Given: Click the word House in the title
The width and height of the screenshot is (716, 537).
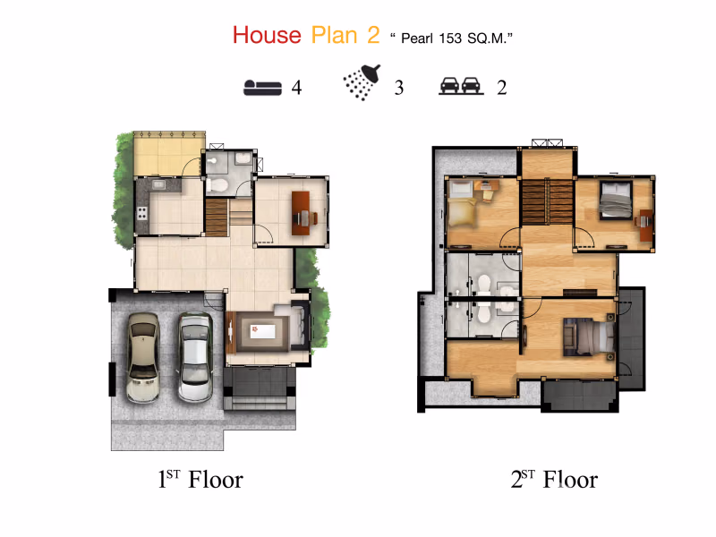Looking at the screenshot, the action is [267, 35].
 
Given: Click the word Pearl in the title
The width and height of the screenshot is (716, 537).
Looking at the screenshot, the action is [417, 38].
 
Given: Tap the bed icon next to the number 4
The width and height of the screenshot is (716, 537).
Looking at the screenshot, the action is [262, 87].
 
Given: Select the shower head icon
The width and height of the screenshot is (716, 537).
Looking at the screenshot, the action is [362, 82].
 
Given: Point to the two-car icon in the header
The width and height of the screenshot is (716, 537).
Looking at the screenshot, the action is [461, 86].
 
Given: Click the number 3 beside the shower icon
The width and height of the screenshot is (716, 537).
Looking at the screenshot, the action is [399, 88].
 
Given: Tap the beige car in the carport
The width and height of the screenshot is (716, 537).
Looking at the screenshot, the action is [143, 357].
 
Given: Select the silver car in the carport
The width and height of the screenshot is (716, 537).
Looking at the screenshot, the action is [195, 356].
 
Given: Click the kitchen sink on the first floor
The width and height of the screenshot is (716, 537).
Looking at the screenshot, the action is [159, 184].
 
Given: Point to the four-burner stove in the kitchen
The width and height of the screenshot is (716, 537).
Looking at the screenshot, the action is [142, 213].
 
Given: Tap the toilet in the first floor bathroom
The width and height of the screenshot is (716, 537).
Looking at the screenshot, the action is [217, 185].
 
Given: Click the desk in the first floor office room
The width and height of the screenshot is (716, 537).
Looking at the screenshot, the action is [301, 213].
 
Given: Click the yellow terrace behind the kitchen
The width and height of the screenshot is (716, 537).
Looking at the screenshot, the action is [168, 154].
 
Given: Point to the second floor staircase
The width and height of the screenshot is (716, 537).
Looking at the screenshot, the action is [548, 201].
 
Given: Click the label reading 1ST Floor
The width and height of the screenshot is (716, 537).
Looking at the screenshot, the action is [200, 480].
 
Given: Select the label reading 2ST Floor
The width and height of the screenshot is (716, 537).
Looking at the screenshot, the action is [554, 480].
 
